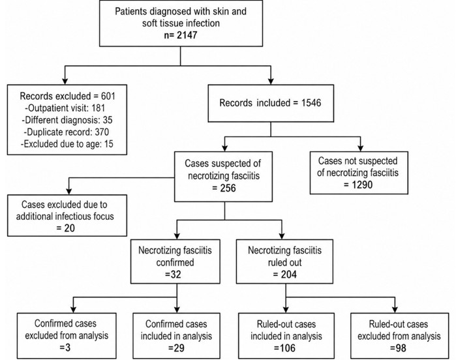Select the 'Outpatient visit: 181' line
(x=65, y=108)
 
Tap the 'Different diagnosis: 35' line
(x=67, y=120)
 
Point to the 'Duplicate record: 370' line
(x=66, y=132)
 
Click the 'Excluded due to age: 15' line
(x=67, y=144)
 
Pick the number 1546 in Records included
(x=311, y=102)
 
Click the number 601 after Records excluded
(x=108, y=96)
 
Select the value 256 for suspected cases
(x=228, y=188)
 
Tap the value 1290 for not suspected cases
(x=362, y=185)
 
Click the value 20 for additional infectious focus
(x=70, y=228)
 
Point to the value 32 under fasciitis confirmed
(x=175, y=274)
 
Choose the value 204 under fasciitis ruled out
(x=289, y=274)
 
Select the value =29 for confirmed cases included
(x=176, y=348)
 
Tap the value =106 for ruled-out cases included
(x=284, y=348)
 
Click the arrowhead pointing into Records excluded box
(x=65, y=81)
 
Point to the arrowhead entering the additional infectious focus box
(x=69, y=191)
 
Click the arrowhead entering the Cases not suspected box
(x=360, y=148)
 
